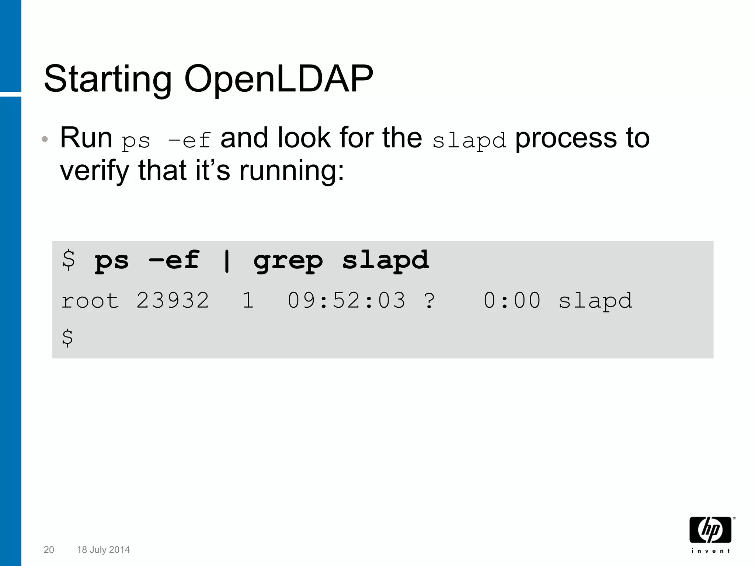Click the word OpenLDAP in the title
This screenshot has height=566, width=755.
pyautogui.click(x=278, y=79)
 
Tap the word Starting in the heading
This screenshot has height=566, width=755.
pyautogui.click(x=108, y=79)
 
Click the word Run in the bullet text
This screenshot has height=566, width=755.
pyautogui.click(x=86, y=138)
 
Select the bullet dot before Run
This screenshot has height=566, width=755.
pyautogui.click(x=45, y=140)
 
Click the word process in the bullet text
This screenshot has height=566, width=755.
pyautogui.click(x=564, y=139)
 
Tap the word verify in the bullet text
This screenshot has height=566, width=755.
pyautogui.click(x=94, y=171)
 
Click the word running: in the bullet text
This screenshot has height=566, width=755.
pyautogui.click(x=292, y=171)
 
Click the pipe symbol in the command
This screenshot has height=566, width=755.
pyautogui.click(x=227, y=261)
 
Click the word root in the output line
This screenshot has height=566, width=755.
pyautogui.click(x=90, y=301)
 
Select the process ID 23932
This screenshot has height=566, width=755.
pyautogui.click(x=173, y=300)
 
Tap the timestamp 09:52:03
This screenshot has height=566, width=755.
pyautogui.click(x=347, y=300)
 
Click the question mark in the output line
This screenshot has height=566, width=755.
pyautogui.click(x=429, y=300)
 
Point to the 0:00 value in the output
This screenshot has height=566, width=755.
pyautogui.click(x=512, y=300)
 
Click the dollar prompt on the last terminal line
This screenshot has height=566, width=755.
pyautogui.click(x=67, y=338)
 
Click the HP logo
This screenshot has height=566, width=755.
pyautogui.click(x=710, y=531)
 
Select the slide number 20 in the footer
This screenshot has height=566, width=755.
pyautogui.click(x=49, y=550)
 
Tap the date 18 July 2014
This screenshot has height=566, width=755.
pyautogui.click(x=103, y=550)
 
